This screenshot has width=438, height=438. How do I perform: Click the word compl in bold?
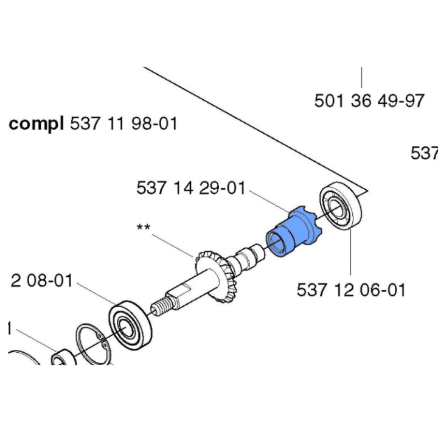click(37, 125)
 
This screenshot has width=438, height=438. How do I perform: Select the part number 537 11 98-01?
click(124, 125)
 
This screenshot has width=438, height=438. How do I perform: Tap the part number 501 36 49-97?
click(369, 100)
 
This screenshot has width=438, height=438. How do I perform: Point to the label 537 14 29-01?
click(190, 189)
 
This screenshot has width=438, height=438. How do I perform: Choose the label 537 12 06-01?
click(351, 290)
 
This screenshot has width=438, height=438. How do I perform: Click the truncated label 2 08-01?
click(42, 281)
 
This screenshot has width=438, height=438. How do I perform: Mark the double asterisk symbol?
click(144, 228)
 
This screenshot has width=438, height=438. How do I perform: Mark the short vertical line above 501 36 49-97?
click(363, 78)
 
